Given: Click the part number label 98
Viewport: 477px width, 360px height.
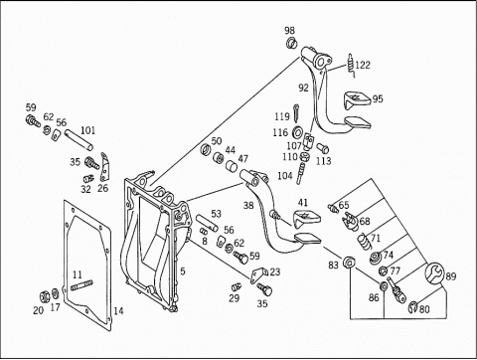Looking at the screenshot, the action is (289, 31).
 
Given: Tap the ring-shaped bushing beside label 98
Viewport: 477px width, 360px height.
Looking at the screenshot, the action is (291, 43).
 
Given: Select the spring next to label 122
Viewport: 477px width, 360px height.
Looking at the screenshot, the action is (352, 65).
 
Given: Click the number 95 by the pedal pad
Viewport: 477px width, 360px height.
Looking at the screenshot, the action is (378, 98).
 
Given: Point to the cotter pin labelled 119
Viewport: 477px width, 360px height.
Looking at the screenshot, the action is (296, 111).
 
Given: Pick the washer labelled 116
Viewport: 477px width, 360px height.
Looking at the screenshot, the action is (297, 131).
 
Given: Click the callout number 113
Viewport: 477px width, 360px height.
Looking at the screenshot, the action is (324, 161).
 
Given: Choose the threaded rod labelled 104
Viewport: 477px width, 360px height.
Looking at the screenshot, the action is (300, 171).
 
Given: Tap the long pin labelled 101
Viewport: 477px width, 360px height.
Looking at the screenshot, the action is (79, 139).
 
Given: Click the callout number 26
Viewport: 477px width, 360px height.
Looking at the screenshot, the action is (103, 188).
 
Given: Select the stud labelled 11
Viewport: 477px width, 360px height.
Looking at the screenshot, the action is (81, 285).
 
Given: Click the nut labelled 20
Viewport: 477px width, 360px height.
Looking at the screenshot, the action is (44, 295).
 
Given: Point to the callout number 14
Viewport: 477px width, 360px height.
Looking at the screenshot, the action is (118, 310).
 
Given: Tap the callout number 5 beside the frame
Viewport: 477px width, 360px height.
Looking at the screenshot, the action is (183, 271).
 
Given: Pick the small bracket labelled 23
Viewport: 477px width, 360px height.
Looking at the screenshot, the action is (258, 274).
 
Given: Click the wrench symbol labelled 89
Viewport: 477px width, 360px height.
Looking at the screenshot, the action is (433, 273).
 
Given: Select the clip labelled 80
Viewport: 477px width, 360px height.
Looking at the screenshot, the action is (413, 307).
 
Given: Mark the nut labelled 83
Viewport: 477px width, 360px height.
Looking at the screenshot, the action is (349, 263).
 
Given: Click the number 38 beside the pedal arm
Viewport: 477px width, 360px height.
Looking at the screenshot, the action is (248, 206).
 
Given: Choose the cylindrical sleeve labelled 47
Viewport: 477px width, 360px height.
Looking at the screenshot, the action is (232, 166).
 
